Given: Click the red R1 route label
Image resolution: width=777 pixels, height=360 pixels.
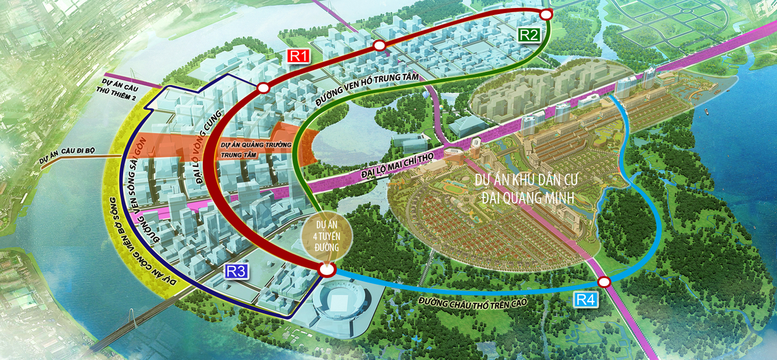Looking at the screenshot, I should [x=298, y=55].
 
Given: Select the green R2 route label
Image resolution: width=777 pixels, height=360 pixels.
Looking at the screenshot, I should [x=528, y=34].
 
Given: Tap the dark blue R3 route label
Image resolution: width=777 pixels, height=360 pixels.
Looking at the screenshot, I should [x=236, y=271].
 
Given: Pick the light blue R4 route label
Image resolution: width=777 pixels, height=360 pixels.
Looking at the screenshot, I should [x=586, y=300].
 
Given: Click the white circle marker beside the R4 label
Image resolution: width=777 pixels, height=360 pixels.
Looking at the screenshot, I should [x=604, y=282].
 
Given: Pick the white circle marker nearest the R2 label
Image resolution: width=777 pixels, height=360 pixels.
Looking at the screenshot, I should [x=546, y=14].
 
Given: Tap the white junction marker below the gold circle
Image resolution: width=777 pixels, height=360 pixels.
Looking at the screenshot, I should [x=327, y=270].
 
